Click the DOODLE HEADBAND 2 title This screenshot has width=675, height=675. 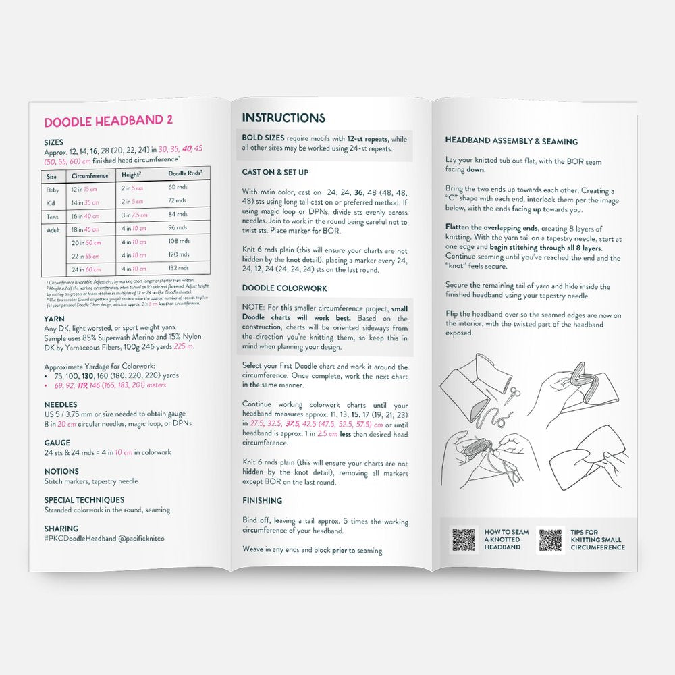tap(108, 122)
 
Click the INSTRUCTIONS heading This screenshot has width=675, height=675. tap(283, 118)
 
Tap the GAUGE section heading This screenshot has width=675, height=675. tap(57, 443)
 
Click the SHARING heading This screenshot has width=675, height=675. tap(61, 529)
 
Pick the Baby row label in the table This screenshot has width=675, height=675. tap(52, 187)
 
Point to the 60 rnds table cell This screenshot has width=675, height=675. tap(178, 187)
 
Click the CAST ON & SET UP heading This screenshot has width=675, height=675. tap(275, 173)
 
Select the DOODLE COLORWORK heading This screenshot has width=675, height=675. tap(284, 288)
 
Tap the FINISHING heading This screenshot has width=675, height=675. tap(263, 501)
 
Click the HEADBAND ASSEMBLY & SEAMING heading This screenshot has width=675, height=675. tap(511, 141)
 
